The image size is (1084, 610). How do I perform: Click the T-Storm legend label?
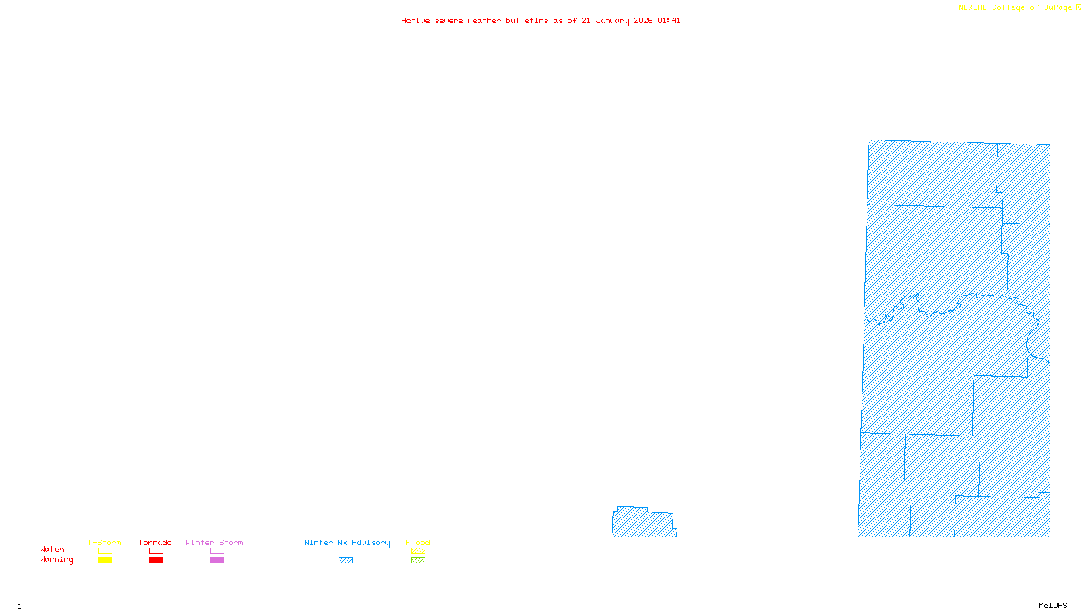104,542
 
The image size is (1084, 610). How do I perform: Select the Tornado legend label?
155,542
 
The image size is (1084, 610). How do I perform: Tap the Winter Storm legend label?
214,542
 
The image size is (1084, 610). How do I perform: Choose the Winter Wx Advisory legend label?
347,542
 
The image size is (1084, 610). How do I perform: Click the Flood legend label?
418,542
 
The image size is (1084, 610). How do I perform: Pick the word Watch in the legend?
52,549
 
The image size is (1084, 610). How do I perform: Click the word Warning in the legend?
56,560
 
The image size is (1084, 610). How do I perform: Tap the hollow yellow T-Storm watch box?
105,551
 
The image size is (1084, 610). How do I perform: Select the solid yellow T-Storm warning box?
105,561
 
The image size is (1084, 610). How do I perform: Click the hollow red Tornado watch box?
156,551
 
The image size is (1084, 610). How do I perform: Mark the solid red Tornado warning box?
156,561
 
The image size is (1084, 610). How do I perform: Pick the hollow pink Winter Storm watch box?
217,551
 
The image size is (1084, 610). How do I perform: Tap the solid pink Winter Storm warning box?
217,561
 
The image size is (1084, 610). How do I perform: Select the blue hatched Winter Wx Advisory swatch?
346,561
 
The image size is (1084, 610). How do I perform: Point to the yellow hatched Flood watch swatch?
418,551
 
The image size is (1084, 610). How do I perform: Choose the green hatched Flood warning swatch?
418,561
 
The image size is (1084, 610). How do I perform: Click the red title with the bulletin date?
541,20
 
